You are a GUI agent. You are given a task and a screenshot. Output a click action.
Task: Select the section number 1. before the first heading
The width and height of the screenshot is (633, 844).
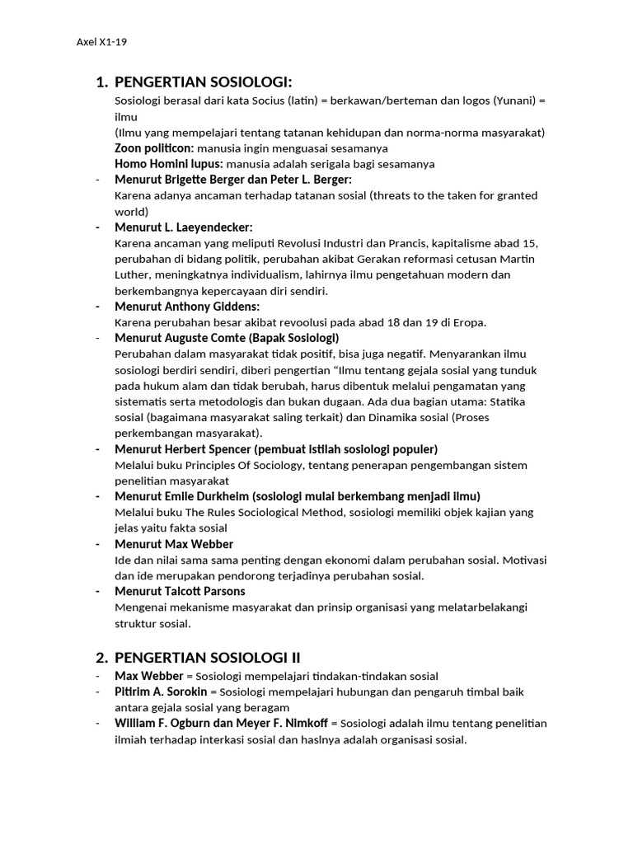(x=102, y=82)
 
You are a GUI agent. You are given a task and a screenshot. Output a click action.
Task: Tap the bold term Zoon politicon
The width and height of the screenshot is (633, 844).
(x=154, y=148)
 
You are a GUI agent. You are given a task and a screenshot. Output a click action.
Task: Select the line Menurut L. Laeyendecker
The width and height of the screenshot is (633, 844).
(x=184, y=227)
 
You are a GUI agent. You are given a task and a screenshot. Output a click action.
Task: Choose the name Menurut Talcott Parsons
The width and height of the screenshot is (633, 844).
(x=180, y=591)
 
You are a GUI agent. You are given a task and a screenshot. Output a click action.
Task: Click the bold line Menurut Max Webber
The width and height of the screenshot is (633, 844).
(x=174, y=544)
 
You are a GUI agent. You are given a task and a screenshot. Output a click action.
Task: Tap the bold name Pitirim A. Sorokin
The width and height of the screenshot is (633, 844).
(x=162, y=692)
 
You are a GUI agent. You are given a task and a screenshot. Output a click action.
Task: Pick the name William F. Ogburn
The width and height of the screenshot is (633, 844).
(x=170, y=723)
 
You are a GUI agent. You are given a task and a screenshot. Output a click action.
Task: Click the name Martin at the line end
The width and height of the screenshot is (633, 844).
(x=518, y=259)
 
